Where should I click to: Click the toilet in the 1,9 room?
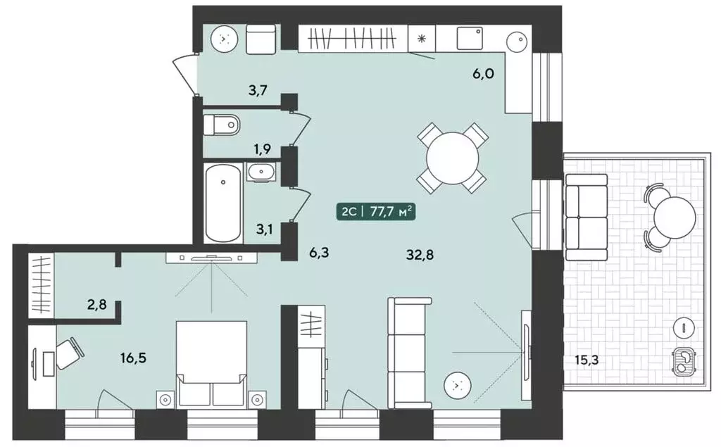(x=222, y=124)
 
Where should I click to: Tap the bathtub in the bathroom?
(x=223, y=202)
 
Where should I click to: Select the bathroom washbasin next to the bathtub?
(x=261, y=172)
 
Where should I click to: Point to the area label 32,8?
(x=420, y=254)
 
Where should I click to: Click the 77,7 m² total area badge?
(x=376, y=213)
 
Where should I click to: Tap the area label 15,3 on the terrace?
(x=587, y=360)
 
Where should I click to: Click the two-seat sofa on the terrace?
(x=587, y=217)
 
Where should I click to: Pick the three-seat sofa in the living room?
(x=409, y=353)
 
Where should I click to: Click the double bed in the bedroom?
(x=211, y=363)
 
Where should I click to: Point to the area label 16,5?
(x=133, y=358)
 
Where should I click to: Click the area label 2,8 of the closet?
(x=97, y=304)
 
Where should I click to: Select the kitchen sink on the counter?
(x=470, y=38)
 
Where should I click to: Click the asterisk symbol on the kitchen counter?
(x=421, y=39)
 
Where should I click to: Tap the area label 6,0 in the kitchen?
(x=483, y=73)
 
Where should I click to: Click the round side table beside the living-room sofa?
(x=456, y=385)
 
